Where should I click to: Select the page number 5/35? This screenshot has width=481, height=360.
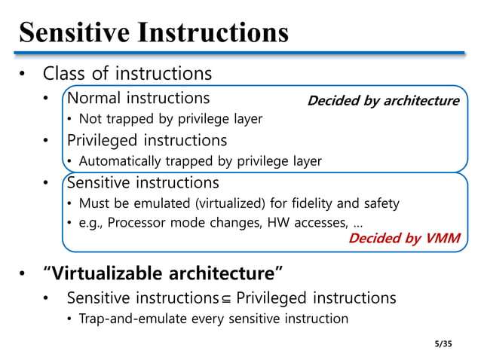(446, 343)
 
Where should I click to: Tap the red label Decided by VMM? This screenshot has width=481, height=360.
(403, 238)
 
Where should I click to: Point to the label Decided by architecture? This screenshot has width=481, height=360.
(383, 101)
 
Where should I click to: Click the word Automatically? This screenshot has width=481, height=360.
(115, 160)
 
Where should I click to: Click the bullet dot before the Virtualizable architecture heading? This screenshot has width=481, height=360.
(23, 271)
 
